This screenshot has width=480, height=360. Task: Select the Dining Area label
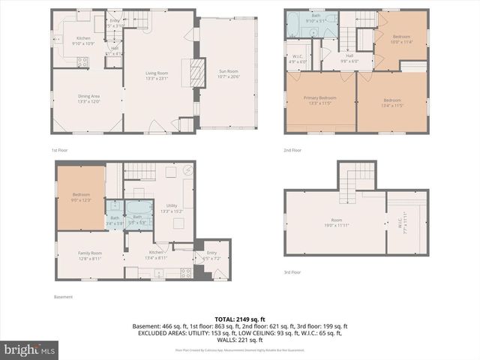coord(89,98)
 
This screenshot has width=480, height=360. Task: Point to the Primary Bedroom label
coord(319,100)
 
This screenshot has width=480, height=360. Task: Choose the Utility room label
coord(172,208)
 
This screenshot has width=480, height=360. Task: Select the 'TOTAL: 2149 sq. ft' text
coord(239,319)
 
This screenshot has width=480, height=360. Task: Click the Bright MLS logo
coord(30,349)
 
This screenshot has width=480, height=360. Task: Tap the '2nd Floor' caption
coord(292,150)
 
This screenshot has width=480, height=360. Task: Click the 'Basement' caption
coord(63,297)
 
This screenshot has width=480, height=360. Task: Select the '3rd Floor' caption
coord(292,272)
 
